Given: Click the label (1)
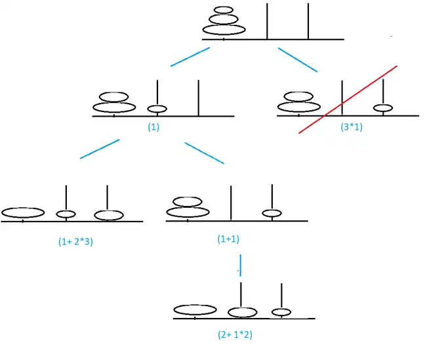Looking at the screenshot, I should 153,127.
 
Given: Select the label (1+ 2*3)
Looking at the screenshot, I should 75,241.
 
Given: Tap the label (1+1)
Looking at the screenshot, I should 228,239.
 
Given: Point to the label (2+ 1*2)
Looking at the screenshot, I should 235,334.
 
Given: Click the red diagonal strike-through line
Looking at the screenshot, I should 348,99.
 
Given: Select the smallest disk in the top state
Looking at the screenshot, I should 224,10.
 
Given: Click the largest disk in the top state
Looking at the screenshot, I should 224,30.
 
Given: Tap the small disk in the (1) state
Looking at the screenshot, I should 157,108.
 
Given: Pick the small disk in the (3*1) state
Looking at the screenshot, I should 383,108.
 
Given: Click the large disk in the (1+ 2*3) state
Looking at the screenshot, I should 23,212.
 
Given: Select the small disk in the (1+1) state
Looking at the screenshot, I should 272,212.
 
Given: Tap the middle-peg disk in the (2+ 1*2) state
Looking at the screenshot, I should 241,312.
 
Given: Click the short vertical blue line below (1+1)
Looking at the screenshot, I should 241,264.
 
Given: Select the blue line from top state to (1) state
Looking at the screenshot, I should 190,57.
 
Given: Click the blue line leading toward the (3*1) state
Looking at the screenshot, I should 297,59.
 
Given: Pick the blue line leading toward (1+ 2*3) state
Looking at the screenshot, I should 100,149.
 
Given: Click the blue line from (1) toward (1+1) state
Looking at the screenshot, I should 204,153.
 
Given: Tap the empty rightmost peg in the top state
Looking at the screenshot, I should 308,21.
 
